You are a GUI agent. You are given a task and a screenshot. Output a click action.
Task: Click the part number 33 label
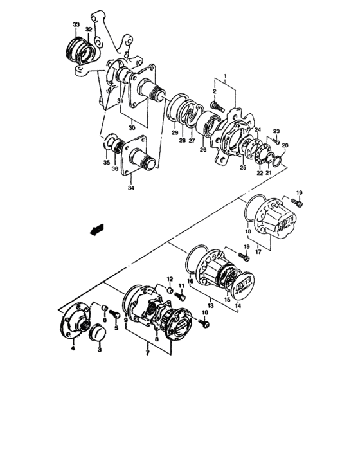click(x=76, y=25)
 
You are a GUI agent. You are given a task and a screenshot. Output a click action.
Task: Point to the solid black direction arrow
click(x=97, y=230)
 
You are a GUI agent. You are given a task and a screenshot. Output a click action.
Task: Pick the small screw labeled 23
click(x=275, y=141)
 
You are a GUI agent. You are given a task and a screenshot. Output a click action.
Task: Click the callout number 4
click(x=73, y=348)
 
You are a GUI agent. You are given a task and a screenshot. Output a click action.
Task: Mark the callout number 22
click(x=260, y=172)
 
